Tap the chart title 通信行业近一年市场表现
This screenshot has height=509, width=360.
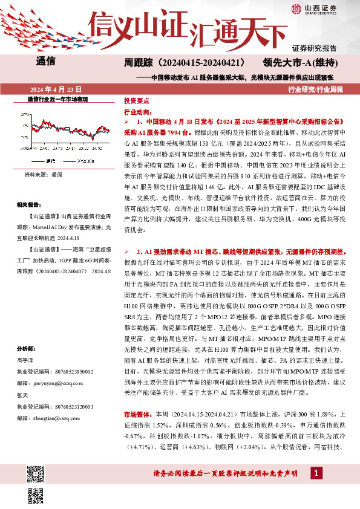click(x=58, y=99)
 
